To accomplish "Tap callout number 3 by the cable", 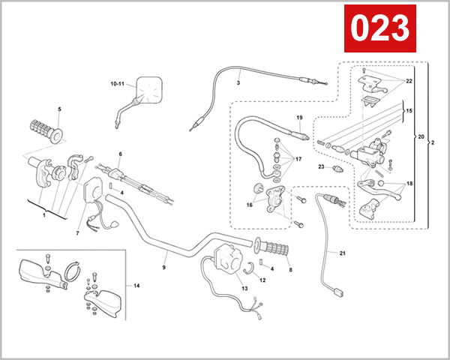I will click(x=238, y=83).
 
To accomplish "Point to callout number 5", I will click(x=60, y=110).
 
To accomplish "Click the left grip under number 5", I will click(x=46, y=128).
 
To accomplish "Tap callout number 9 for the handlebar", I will click(x=164, y=266).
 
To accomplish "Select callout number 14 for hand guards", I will click(x=136, y=286).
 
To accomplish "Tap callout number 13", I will click(x=244, y=288).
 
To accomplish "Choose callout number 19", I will click(x=299, y=118).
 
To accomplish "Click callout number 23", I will click(x=319, y=167).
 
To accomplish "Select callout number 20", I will click(x=421, y=136).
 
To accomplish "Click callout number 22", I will click(x=409, y=80).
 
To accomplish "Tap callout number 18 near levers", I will click(x=409, y=183).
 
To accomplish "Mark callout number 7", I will click(x=76, y=233).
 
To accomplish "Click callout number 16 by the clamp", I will click(x=250, y=205).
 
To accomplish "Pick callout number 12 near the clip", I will click(x=262, y=280).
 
